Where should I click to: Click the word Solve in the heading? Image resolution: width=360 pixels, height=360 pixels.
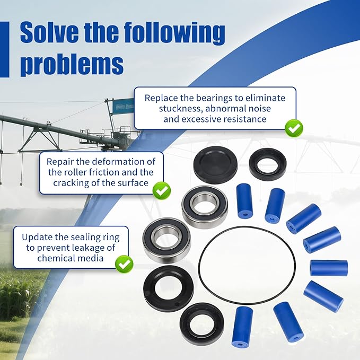49,32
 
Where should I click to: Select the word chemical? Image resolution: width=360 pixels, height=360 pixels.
55,258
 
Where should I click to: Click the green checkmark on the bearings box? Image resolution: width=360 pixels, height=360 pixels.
294,128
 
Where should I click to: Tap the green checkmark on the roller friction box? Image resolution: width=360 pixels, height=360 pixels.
162,190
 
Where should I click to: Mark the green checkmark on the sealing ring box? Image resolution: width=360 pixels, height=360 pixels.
124,264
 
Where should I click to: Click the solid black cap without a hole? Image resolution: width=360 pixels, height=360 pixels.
215,165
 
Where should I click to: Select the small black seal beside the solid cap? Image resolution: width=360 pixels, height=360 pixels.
268,163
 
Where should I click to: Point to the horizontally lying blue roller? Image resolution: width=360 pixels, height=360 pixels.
329,268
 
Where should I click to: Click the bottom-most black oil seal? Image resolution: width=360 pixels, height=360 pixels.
202,324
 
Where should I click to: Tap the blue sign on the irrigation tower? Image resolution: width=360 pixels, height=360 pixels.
123,107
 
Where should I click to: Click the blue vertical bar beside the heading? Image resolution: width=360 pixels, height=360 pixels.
5,49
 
